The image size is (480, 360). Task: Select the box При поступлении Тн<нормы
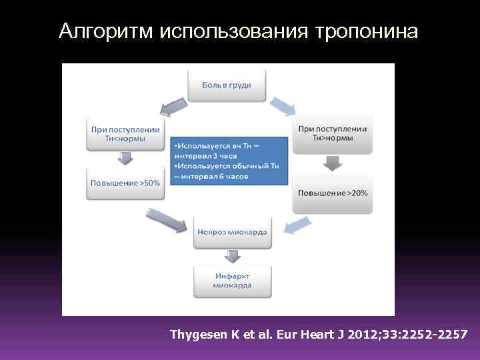click(125, 133)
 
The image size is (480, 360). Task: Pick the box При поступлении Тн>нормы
click(332, 133)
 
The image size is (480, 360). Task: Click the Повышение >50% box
click(125, 183)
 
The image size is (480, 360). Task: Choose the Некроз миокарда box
click(232, 232)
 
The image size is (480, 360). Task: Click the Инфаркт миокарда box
click(232, 281)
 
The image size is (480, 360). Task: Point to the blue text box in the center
click(229, 160)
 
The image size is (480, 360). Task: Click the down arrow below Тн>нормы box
click(332, 163)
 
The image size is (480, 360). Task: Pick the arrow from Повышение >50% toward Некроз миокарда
click(166, 220)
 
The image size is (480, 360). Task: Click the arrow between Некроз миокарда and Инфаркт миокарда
click(232, 256)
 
